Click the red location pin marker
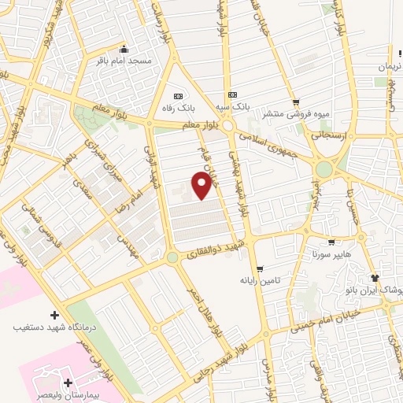[202, 185]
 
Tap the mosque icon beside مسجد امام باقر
[123, 47]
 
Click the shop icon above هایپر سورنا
[331, 242]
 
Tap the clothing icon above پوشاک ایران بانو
[374, 278]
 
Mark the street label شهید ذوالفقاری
[212, 250]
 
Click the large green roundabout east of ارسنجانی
[324, 168]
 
